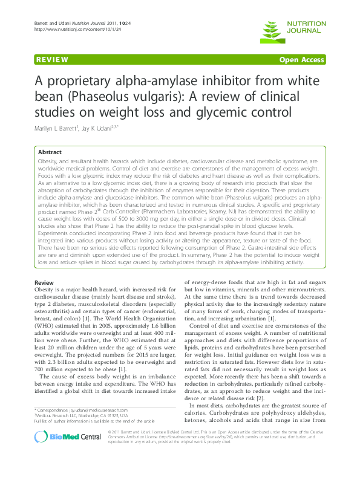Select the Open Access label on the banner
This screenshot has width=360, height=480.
[x=302, y=60]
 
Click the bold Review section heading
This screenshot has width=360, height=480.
[x=45, y=283]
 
